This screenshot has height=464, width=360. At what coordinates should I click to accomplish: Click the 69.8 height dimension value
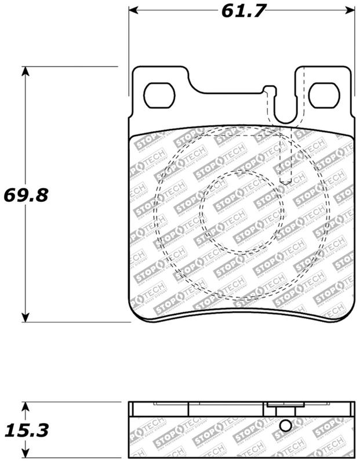(x=24, y=194)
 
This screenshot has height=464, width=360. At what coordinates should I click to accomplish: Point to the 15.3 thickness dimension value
(x=24, y=430)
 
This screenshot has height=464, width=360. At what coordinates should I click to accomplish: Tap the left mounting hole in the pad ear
(x=158, y=96)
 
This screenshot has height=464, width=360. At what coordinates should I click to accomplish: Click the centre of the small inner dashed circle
(x=242, y=212)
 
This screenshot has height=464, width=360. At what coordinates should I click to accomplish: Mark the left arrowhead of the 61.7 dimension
(x=133, y=10)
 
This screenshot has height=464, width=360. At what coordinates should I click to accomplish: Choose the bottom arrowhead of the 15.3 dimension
(x=25, y=455)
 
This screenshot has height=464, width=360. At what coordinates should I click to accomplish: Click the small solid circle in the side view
(x=284, y=426)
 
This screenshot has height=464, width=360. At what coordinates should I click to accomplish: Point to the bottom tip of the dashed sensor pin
(x=284, y=183)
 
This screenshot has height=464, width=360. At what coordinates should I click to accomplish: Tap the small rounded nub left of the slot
(x=268, y=90)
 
